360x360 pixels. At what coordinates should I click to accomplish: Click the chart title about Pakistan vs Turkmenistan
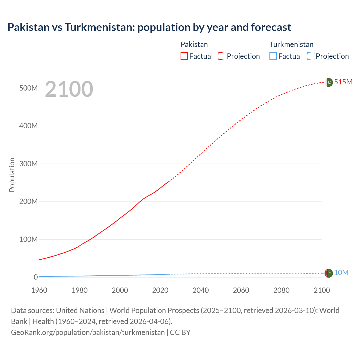pyautogui.click(x=149, y=27)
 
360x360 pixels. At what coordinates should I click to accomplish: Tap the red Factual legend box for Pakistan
pyautogui.click(x=184, y=56)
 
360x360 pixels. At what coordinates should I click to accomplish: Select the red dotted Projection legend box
pyautogui.click(x=222, y=56)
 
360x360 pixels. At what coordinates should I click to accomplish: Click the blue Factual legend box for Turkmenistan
pyautogui.click(x=273, y=56)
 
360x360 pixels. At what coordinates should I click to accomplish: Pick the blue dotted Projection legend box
pyautogui.click(x=310, y=56)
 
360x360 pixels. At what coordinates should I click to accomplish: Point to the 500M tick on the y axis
pyautogui.click(x=28, y=88)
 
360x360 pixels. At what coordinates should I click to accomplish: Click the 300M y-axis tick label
pyautogui.click(x=28, y=164)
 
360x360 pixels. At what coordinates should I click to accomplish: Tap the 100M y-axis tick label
pyautogui.click(x=28, y=239)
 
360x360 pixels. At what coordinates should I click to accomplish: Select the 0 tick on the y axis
pyautogui.click(x=35, y=277)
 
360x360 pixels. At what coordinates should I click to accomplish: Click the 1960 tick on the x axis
pyautogui.click(x=39, y=290)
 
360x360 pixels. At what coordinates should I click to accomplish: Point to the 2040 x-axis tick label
pyautogui.click(x=201, y=290)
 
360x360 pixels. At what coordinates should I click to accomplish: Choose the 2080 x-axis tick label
pyautogui.click(x=281, y=290)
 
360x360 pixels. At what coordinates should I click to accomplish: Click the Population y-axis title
pyautogui.click(x=12, y=175)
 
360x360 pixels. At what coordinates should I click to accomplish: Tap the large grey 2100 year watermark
pyautogui.click(x=69, y=89)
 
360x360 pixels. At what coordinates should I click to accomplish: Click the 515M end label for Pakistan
pyautogui.click(x=343, y=82)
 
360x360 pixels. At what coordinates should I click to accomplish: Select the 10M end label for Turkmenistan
pyautogui.click(x=341, y=273)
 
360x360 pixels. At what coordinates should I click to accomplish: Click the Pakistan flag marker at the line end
pyautogui.click(x=329, y=82)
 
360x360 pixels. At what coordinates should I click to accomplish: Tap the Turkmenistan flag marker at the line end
pyautogui.click(x=328, y=273)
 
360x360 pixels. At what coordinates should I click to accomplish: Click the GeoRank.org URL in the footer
pyautogui.click(x=88, y=332)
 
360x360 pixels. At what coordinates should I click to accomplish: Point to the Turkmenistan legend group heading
pyautogui.click(x=291, y=44)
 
